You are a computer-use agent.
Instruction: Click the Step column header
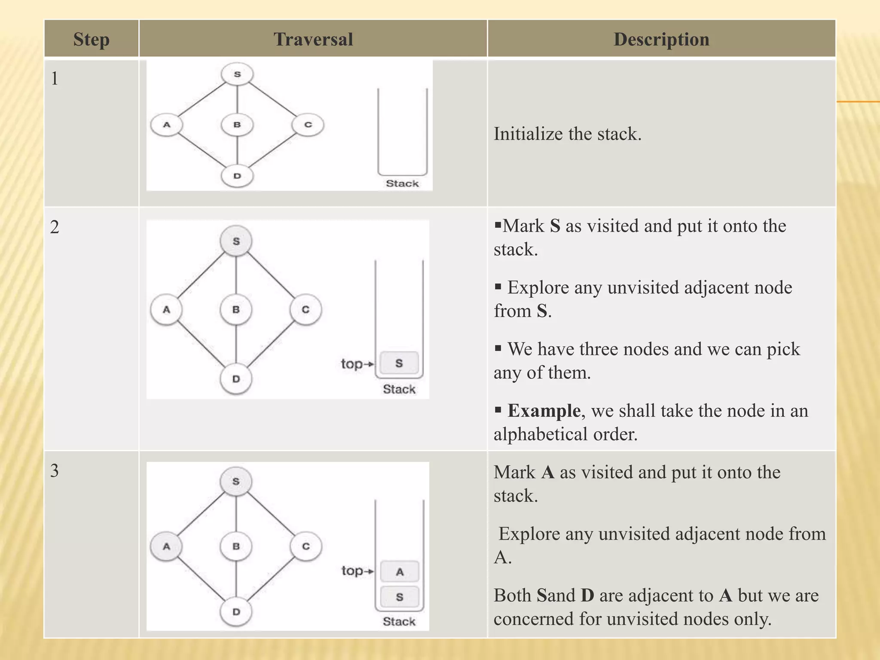point(91,39)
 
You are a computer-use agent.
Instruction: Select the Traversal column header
point(313,39)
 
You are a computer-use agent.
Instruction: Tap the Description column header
point(661,39)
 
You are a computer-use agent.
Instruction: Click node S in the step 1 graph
point(237,74)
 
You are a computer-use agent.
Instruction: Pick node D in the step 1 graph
point(237,176)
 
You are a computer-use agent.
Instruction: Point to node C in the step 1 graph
point(308,125)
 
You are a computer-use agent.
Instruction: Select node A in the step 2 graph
point(166,309)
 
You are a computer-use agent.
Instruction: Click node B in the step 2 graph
point(236,309)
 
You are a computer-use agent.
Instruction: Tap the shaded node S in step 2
point(236,241)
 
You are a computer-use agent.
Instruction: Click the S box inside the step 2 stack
point(399,363)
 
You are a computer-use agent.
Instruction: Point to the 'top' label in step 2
point(352,364)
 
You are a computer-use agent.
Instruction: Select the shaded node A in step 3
point(166,547)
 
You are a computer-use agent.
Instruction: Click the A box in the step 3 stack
point(400,572)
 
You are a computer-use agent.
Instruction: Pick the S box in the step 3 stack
point(400,597)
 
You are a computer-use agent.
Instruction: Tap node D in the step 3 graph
point(236,611)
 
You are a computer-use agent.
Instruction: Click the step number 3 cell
point(55,471)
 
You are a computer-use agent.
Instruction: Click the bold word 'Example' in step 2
point(544,411)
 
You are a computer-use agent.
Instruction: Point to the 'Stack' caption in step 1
point(402,183)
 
